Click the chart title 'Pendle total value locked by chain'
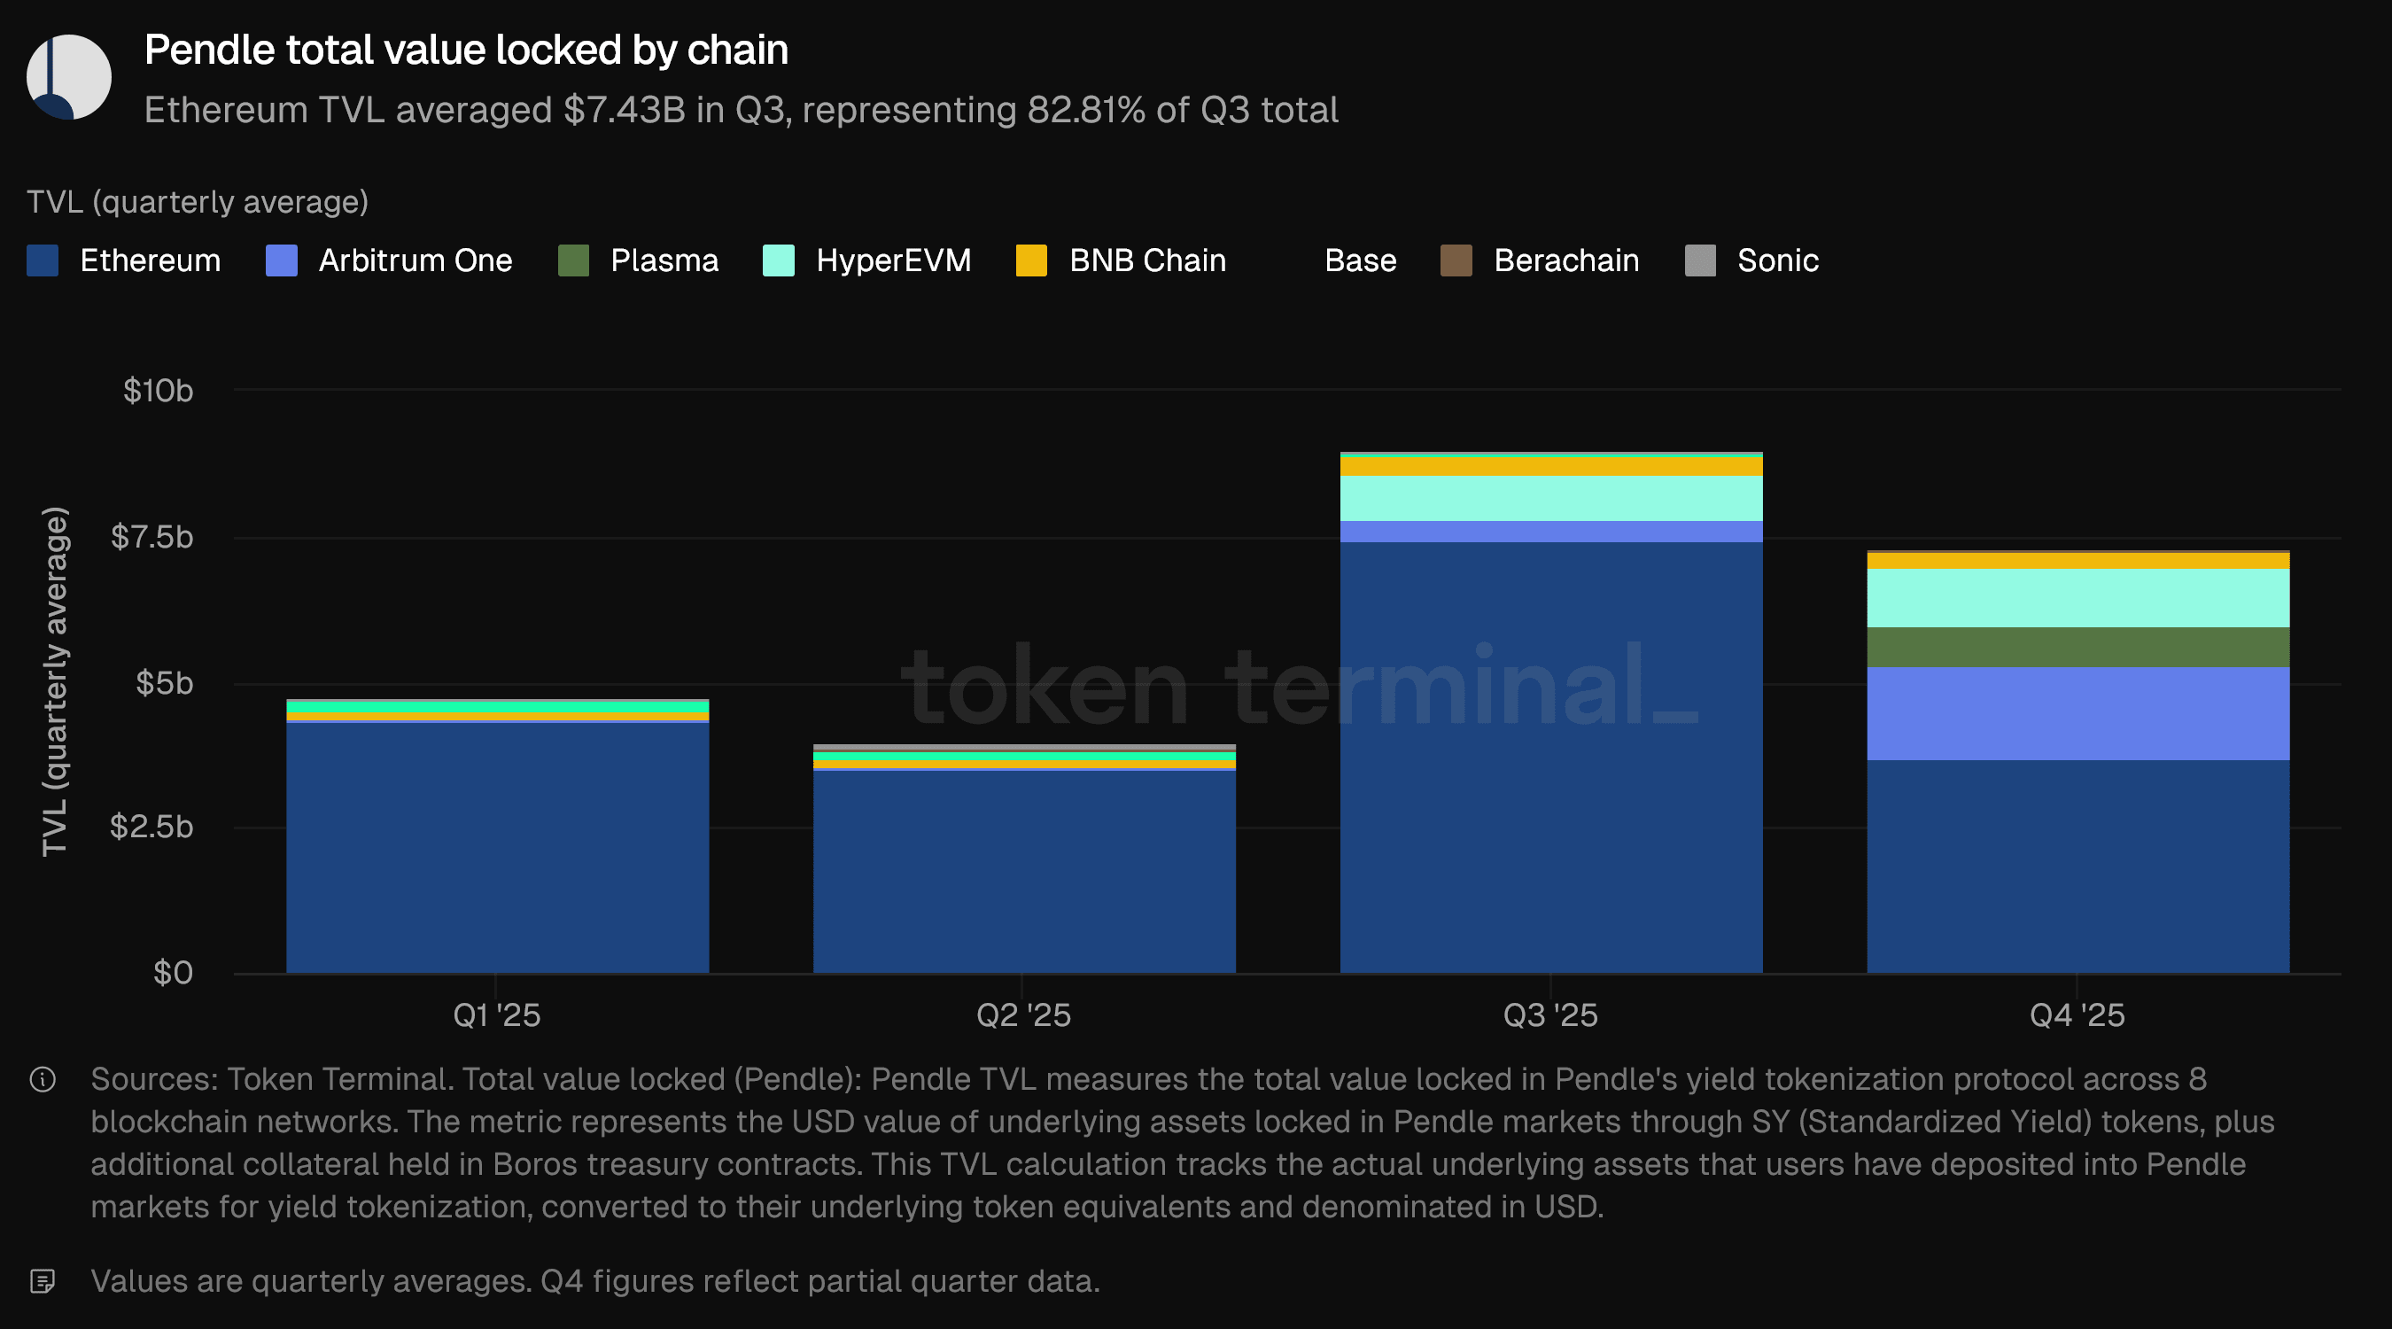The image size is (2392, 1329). click(x=466, y=51)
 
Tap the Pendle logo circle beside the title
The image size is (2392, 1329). click(x=69, y=77)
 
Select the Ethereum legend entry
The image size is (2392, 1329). click(x=124, y=261)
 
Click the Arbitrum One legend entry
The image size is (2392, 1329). click(x=389, y=261)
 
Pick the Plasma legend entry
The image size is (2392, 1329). click(x=639, y=261)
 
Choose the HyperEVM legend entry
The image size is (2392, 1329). click(x=867, y=261)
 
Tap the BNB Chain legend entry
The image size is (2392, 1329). click(x=1122, y=261)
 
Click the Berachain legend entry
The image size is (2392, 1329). click(x=1541, y=261)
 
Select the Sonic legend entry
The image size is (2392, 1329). click(x=1752, y=261)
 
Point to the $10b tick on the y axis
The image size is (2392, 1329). click(x=159, y=391)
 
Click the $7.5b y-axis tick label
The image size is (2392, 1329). click(x=152, y=537)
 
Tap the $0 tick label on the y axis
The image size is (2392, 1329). click(x=174, y=972)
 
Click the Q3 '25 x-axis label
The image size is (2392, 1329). click(x=1550, y=1015)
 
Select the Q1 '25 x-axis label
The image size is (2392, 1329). click(x=497, y=1015)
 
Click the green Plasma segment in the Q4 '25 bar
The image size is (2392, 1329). click(x=2078, y=648)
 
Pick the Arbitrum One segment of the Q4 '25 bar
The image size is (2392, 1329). click(x=2078, y=713)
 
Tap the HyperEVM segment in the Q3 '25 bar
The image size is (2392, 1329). click(x=1550, y=499)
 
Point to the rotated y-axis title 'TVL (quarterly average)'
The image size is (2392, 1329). click(x=56, y=681)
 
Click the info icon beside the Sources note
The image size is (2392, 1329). click(x=43, y=1079)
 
